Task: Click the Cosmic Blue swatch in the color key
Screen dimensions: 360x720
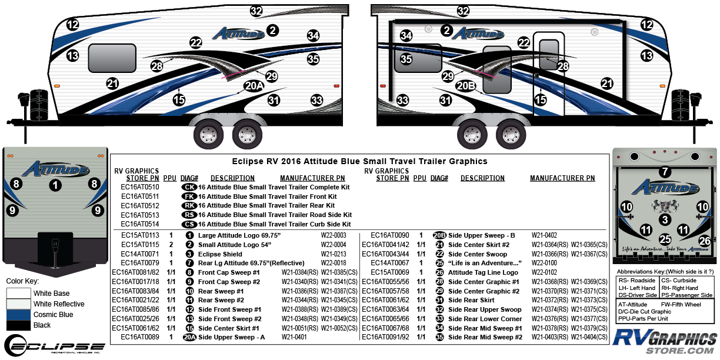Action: (19, 315)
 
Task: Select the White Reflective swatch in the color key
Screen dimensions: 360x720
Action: (19, 304)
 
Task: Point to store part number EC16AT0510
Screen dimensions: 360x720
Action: (139, 186)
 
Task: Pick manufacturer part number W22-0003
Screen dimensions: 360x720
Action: (333, 235)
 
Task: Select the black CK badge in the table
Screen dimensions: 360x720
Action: (189, 186)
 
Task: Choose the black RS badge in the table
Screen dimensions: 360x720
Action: (189, 215)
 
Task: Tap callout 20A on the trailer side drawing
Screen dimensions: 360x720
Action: (253, 86)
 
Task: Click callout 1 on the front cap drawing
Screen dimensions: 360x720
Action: (55, 185)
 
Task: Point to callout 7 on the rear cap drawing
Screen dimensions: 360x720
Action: (665, 172)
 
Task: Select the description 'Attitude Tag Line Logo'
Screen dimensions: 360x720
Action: (485, 272)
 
